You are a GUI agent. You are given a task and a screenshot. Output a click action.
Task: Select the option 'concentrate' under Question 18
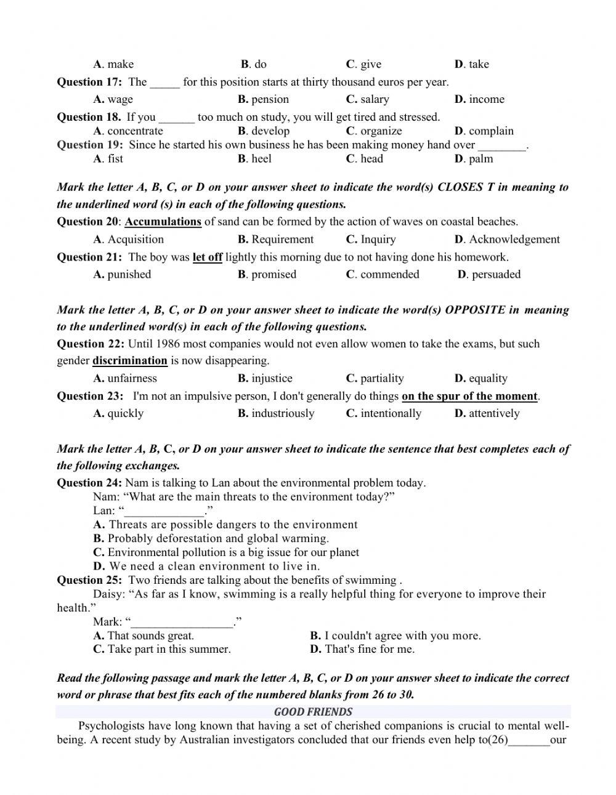(134, 131)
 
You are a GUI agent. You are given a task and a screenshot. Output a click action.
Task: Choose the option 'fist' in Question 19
(115, 158)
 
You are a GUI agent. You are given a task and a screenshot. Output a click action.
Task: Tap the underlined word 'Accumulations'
(163, 222)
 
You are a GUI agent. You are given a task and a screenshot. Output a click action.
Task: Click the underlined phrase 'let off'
(207, 257)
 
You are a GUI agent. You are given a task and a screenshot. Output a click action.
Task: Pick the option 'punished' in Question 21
(128, 274)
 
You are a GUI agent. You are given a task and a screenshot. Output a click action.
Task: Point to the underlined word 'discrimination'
(129, 360)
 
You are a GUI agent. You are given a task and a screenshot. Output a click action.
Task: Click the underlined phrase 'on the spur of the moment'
(469, 396)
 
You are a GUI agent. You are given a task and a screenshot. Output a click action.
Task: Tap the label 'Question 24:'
(89, 483)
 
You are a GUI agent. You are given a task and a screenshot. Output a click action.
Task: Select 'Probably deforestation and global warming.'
(217, 538)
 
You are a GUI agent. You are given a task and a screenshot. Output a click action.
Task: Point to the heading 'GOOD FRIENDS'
(313, 712)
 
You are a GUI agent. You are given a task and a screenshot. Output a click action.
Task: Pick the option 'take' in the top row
(478, 64)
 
